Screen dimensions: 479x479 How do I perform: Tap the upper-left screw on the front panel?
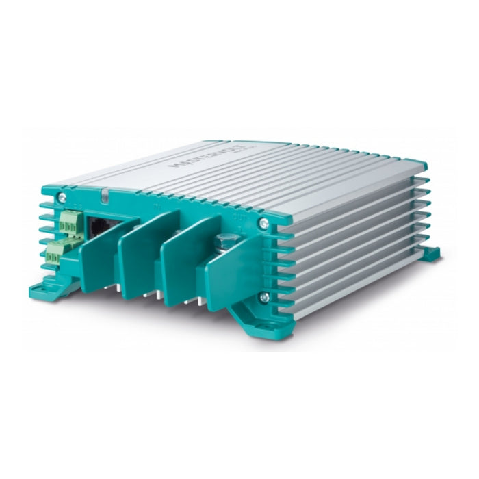62,198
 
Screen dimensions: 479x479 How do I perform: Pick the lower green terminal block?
53,253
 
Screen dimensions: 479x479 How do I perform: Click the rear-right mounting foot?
430,255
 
